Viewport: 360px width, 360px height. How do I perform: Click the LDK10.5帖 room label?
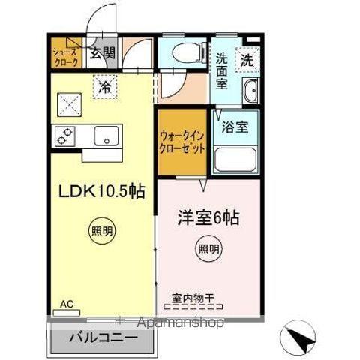[102, 192]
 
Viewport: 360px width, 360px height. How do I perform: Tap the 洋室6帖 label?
[208, 220]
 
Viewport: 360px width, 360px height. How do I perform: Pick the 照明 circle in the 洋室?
[209, 247]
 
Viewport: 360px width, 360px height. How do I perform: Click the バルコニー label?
[103, 337]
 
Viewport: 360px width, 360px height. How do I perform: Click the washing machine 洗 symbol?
[247, 58]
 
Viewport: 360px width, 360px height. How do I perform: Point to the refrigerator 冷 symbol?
[105, 86]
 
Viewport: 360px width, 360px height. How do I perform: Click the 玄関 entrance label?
[103, 54]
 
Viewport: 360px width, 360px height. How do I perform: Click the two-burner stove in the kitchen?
[63, 136]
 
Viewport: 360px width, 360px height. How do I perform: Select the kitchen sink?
[105, 136]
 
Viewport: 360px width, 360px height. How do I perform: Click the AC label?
[67, 304]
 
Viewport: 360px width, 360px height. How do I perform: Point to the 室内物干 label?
[193, 298]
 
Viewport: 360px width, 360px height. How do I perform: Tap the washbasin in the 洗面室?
[250, 90]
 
